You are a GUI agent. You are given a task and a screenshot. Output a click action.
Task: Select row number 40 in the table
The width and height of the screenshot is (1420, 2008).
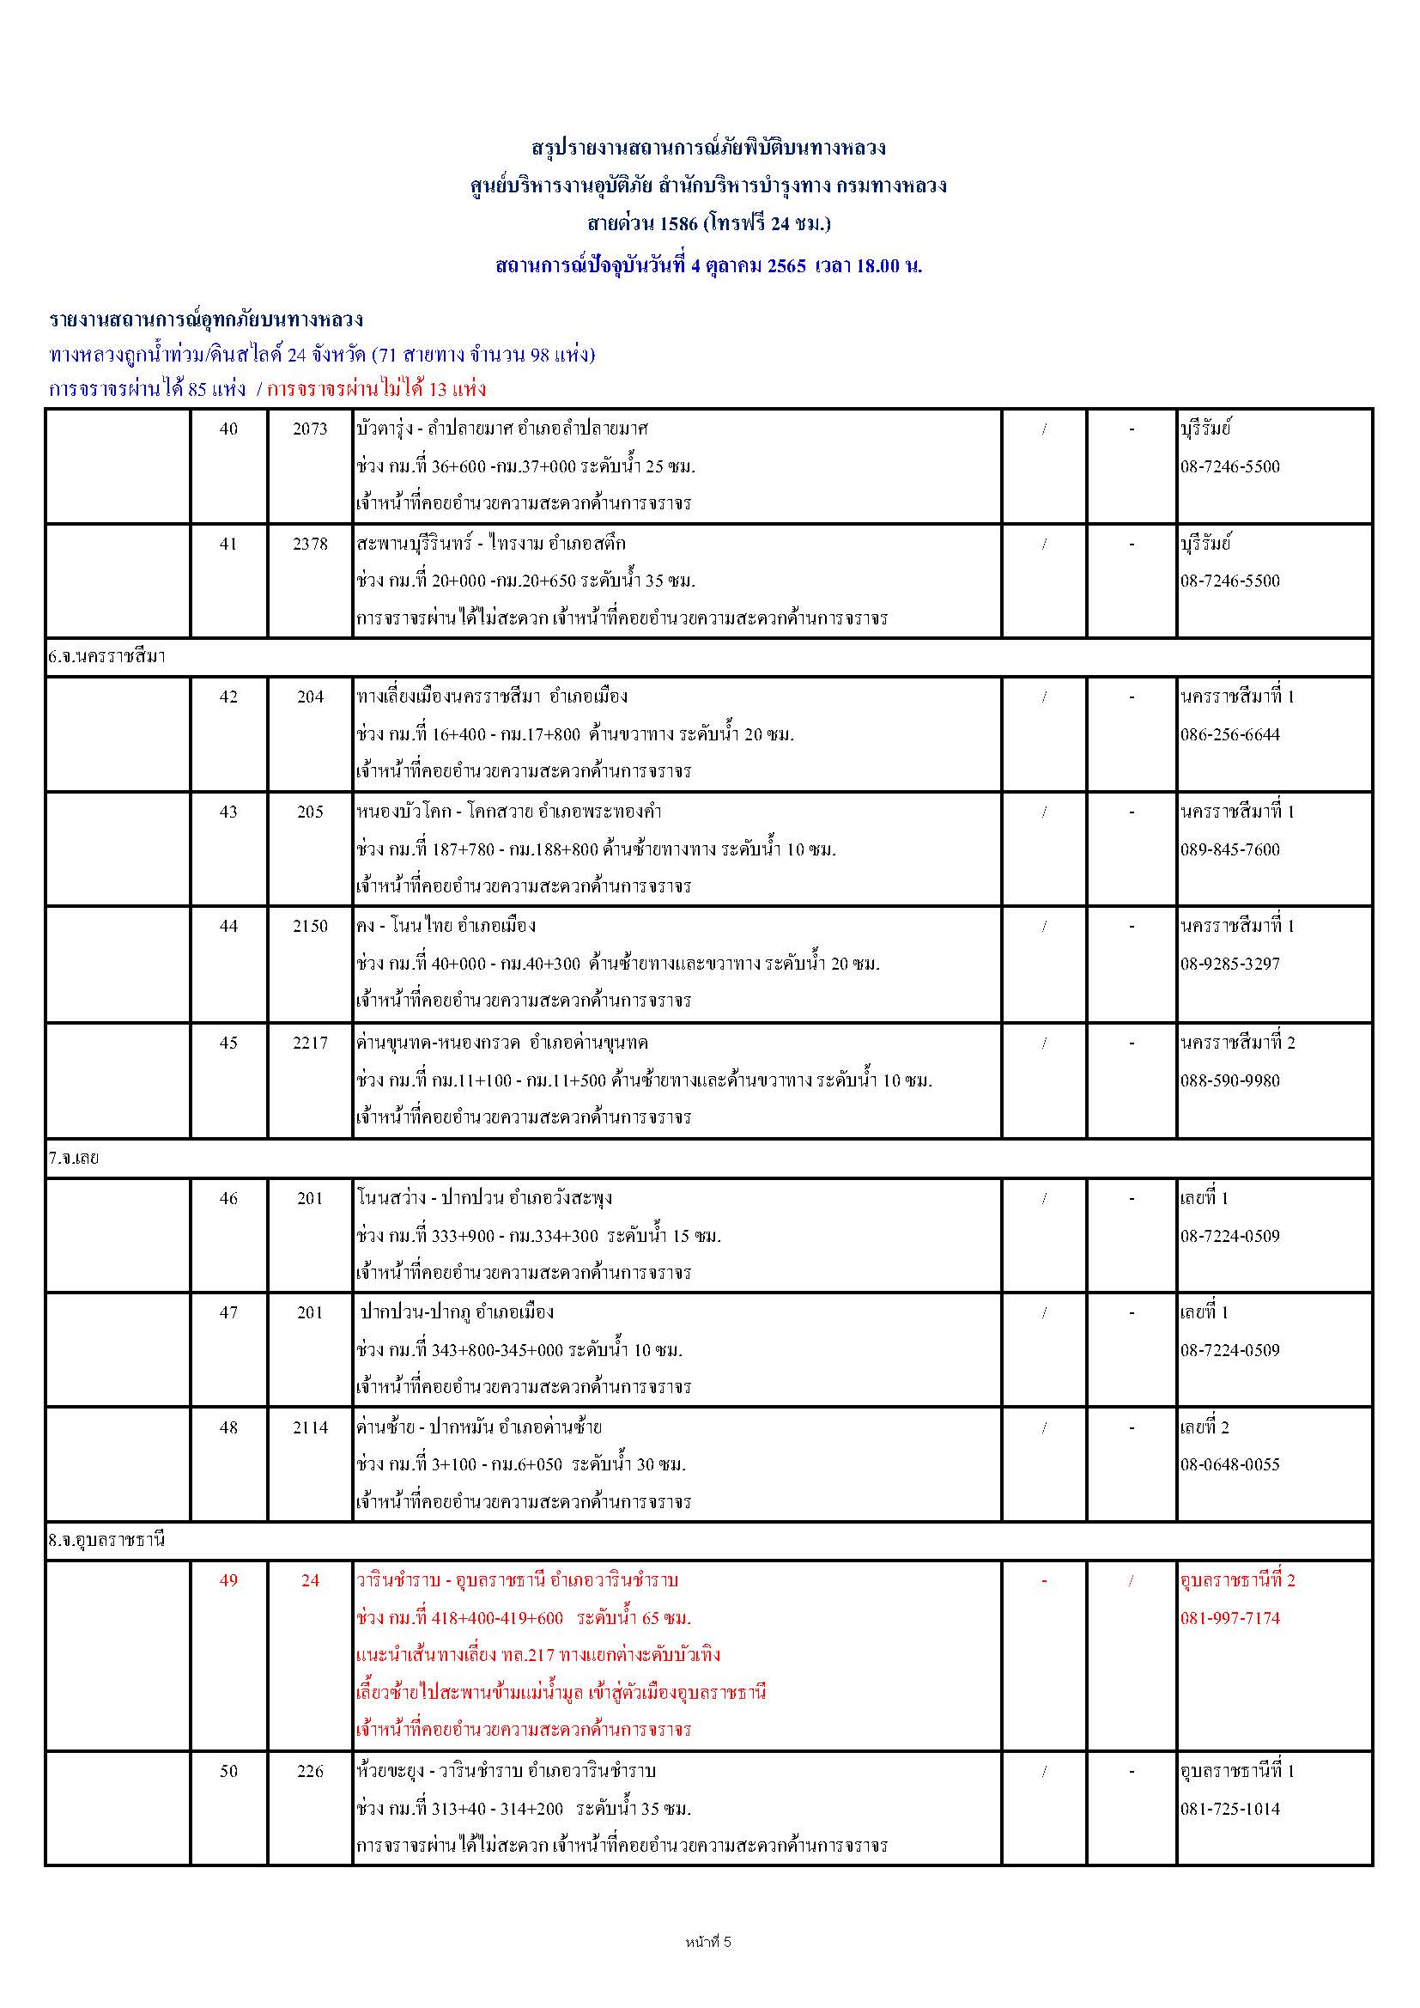coord(228,429)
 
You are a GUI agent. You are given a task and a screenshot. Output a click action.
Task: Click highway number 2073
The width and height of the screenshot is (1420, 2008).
coord(311,429)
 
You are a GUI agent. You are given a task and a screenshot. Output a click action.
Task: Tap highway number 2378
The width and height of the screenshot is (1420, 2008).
coord(311,544)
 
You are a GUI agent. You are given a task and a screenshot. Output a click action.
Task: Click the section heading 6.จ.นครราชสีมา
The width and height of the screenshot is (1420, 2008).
coord(106,657)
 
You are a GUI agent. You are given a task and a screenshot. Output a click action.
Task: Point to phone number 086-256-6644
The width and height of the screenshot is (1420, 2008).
coord(1229,734)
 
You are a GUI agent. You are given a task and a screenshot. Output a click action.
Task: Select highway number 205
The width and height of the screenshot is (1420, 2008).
coord(311,812)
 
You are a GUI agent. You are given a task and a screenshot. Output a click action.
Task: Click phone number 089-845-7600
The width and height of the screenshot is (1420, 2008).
coord(1229,849)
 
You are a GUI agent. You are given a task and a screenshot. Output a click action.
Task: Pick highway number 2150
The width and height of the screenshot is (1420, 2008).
coord(311,926)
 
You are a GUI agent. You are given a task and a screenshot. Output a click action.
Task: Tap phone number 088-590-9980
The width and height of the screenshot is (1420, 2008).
coord(1229,1081)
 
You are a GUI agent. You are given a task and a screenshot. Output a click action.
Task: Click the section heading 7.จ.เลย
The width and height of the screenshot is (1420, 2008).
coord(75,1158)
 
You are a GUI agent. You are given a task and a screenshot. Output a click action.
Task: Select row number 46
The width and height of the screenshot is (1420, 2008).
coord(228,1198)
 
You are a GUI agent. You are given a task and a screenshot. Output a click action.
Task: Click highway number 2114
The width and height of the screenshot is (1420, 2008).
coord(311,1427)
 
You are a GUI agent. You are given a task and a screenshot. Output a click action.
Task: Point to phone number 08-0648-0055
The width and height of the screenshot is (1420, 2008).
coord(1229,1465)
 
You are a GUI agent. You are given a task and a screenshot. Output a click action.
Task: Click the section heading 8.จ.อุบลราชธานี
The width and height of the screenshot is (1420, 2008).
coord(106,1540)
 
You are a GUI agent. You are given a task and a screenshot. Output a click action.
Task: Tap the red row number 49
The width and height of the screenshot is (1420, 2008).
coord(228,1580)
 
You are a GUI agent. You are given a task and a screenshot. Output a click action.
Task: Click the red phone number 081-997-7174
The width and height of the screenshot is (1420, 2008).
coord(1229,1618)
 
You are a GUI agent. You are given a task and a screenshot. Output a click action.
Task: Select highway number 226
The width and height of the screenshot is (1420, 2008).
coord(311,1771)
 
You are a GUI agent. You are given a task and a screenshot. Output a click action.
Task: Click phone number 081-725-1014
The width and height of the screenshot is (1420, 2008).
coord(1229,1809)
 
